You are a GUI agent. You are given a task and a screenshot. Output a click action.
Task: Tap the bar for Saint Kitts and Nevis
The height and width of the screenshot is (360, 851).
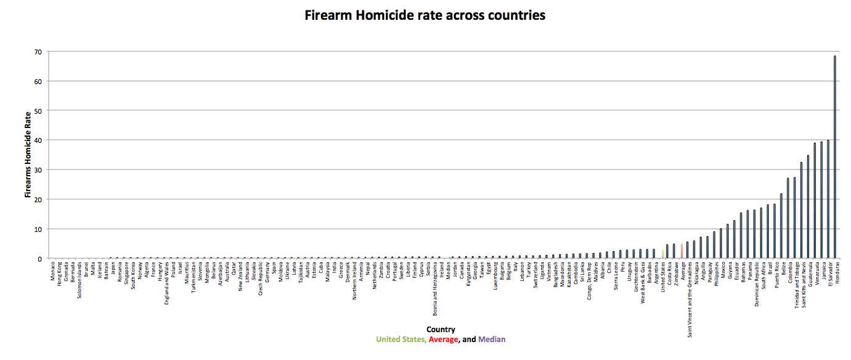pos(802,210)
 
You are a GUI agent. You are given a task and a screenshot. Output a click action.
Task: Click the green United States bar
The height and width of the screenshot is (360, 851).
pos(663,254)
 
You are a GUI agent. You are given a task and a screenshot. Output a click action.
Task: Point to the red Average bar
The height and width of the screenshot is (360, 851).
pos(682,251)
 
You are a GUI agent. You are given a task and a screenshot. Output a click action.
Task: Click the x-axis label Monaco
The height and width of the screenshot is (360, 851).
pos(53,273)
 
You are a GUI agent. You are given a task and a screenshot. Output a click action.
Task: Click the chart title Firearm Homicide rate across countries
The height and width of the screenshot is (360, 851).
pos(425,15)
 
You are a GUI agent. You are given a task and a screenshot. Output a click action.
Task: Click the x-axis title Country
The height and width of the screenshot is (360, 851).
pos(440,330)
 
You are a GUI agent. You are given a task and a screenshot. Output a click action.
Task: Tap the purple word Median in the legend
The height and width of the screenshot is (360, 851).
pos(492,340)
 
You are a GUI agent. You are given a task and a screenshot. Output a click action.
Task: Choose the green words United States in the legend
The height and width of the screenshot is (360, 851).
pos(400,340)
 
